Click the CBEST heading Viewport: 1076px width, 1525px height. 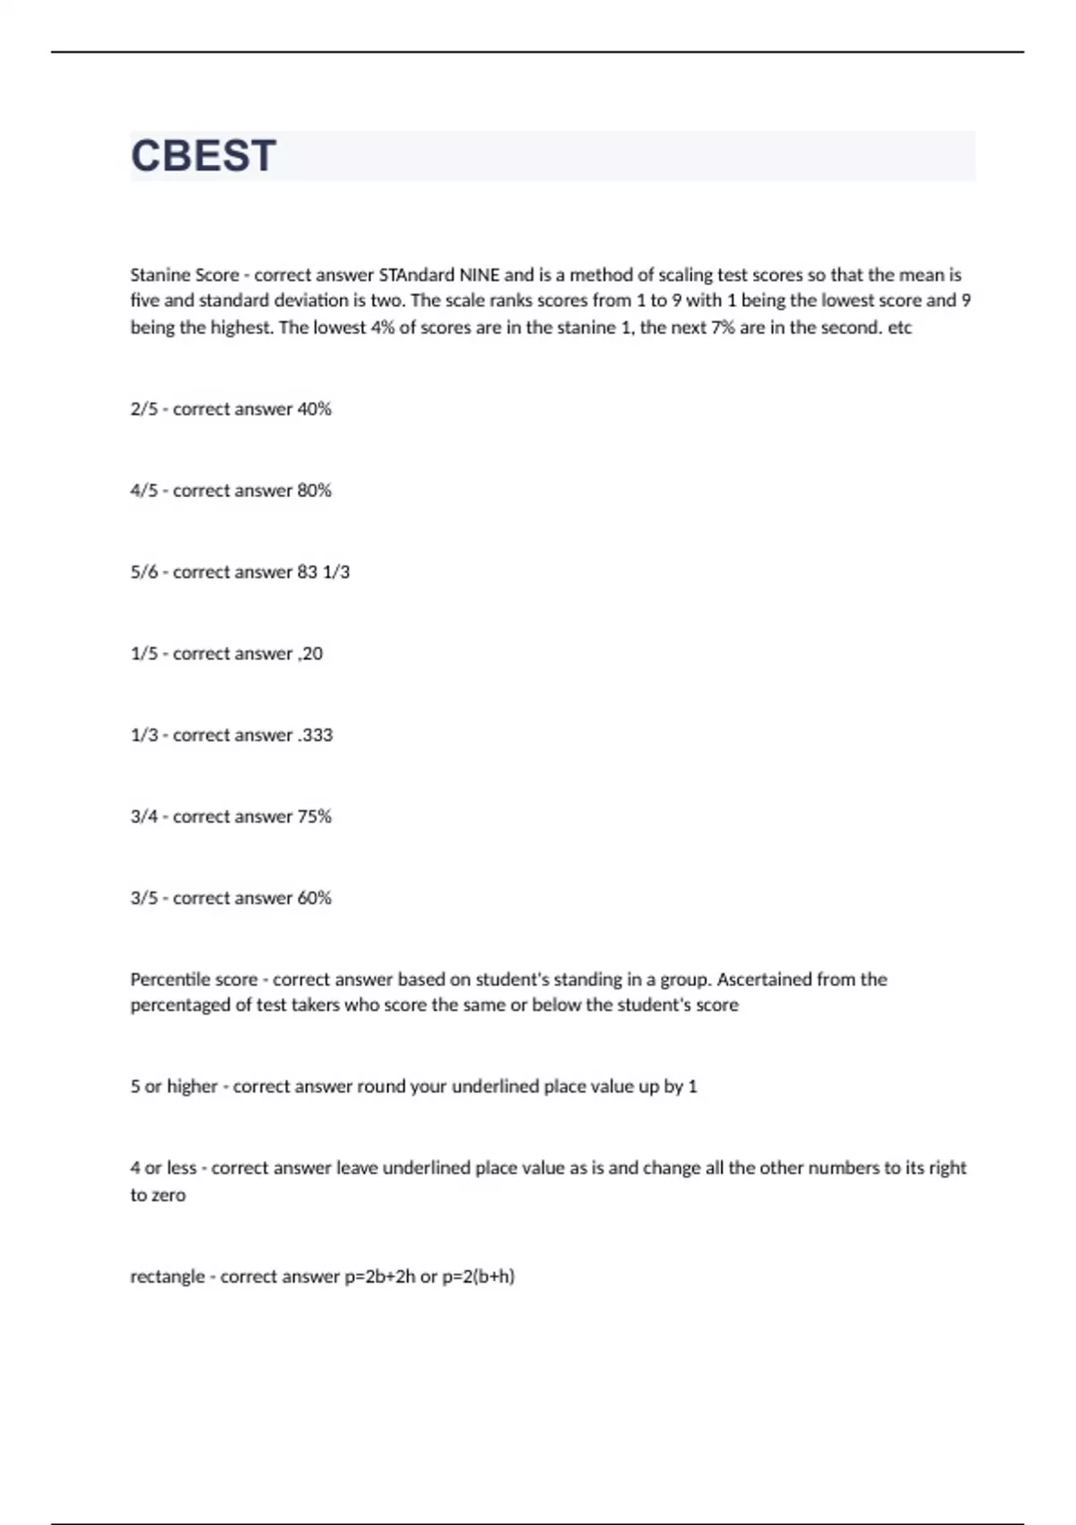pyautogui.click(x=204, y=156)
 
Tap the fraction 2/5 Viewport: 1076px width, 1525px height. pyautogui.click(x=143, y=409)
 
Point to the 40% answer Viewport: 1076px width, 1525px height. pyautogui.click(x=315, y=409)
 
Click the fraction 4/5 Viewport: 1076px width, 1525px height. pyautogui.click(x=143, y=491)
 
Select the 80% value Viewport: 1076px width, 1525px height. pyautogui.click(x=315, y=491)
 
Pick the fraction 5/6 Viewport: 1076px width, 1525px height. pyautogui.click(x=143, y=572)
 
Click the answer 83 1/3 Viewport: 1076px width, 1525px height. pyautogui.click(x=324, y=572)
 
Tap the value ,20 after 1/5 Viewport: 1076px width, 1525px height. pyautogui.click(x=310, y=654)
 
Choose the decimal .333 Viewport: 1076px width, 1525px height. pyautogui.click(x=315, y=736)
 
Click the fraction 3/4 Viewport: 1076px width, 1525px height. pyautogui.click(x=143, y=817)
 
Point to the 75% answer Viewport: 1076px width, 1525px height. pyautogui.click(x=315, y=817)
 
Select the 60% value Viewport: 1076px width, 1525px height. pyautogui.click(x=315, y=898)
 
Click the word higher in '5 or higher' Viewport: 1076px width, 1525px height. pyautogui.click(x=192, y=1086)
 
